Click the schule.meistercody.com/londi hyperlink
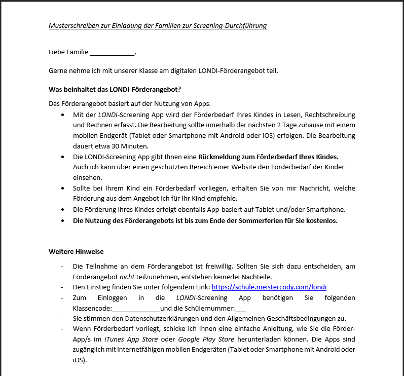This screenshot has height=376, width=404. tap(269, 287)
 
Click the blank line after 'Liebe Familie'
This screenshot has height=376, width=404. tap(112, 52)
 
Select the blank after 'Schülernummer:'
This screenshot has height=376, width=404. tap(241, 308)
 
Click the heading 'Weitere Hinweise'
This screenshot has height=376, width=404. tap(77, 251)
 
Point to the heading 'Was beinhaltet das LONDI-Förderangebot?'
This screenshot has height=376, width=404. tap(115, 89)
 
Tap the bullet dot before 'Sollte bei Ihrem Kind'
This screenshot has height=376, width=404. tap(62, 188)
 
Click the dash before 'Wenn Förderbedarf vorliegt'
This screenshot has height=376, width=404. tap(62, 329)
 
